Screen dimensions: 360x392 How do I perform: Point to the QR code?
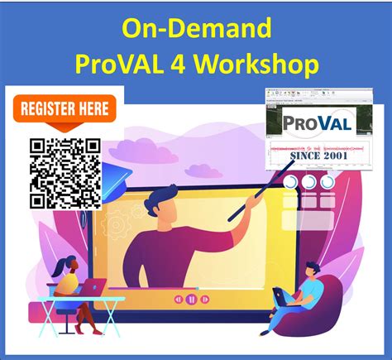click(65, 173)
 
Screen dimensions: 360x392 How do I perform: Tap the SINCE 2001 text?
click(318, 155)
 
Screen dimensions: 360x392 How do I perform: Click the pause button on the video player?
click(191, 298)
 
